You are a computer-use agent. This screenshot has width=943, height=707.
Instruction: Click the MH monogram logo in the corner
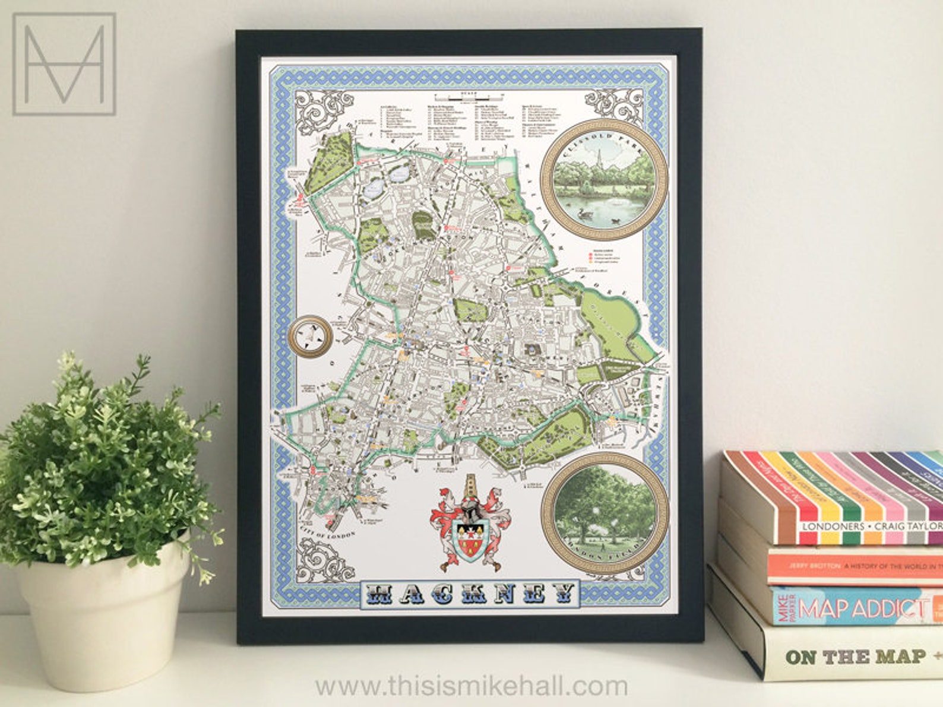tap(64, 64)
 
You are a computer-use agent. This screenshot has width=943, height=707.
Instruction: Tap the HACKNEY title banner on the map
tap(469, 592)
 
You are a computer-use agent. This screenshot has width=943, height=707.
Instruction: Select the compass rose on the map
tap(310, 337)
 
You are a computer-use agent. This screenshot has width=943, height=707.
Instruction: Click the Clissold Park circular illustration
tap(604, 179)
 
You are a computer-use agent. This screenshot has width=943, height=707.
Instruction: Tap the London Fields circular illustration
tap(605, 513)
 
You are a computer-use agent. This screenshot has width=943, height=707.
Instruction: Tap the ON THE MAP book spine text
tap(855, 657)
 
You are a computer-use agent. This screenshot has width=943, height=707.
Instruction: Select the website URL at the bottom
tap(471, 686)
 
